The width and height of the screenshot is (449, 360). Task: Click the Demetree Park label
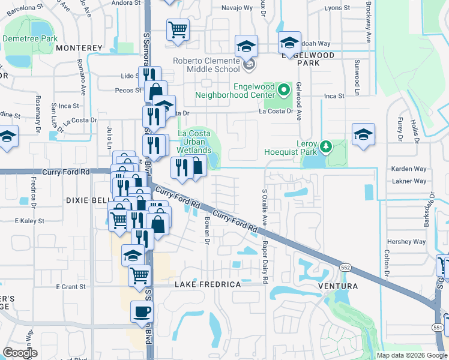coord(29,38)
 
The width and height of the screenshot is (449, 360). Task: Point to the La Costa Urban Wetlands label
coord(194,142)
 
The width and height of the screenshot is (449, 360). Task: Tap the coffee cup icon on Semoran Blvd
coord(142,312)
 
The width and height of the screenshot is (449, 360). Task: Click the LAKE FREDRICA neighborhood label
coord(208,284)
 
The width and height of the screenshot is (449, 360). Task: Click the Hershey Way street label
coord(406,242)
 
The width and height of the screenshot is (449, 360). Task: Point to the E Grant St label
coord(71,287)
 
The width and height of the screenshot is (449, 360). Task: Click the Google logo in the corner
coord(20,353)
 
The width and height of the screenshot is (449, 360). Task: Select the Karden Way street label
coord(408,169)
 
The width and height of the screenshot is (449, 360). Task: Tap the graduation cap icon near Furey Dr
coord(363,134)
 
